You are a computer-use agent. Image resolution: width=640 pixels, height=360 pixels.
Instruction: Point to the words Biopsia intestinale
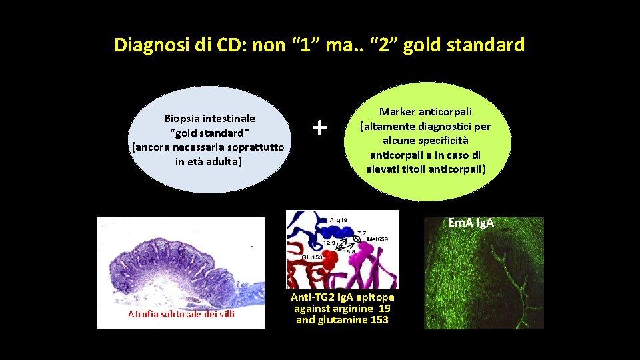pyautogui.click(x=209, y=118)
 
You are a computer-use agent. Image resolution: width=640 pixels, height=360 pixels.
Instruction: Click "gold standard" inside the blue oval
pyautogui.click(x=209, y=132)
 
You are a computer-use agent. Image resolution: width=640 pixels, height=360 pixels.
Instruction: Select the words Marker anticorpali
pyautogui.click(x=426, y=112)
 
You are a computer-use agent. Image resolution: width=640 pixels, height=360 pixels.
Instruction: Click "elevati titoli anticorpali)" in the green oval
pyautogui.click(x=426, y=169)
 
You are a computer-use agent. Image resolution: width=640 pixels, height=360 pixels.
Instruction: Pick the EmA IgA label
pyautogui.click(x=471, y=223)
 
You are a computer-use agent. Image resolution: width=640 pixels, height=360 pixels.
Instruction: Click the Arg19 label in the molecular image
pyautogui.click(x=338, y=219)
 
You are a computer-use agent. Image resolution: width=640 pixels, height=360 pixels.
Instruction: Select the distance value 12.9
pyautogui.click(x=330, y=244)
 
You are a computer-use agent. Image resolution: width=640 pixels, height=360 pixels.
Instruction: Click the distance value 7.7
pyautogui.click(x=361, y=233)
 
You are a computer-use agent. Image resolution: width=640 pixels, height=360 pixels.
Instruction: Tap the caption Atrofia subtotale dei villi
pyautogui.click(x=181, y=314)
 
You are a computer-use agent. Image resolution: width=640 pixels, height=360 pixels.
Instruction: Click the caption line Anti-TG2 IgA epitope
pyautogui.click(x=342, y=297)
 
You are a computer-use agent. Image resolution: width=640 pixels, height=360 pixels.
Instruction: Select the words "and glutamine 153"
pyautogui.click(x=342, y=320)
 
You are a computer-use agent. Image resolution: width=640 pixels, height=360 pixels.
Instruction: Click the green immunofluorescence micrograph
pyautogui.click(x=483, y=280)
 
